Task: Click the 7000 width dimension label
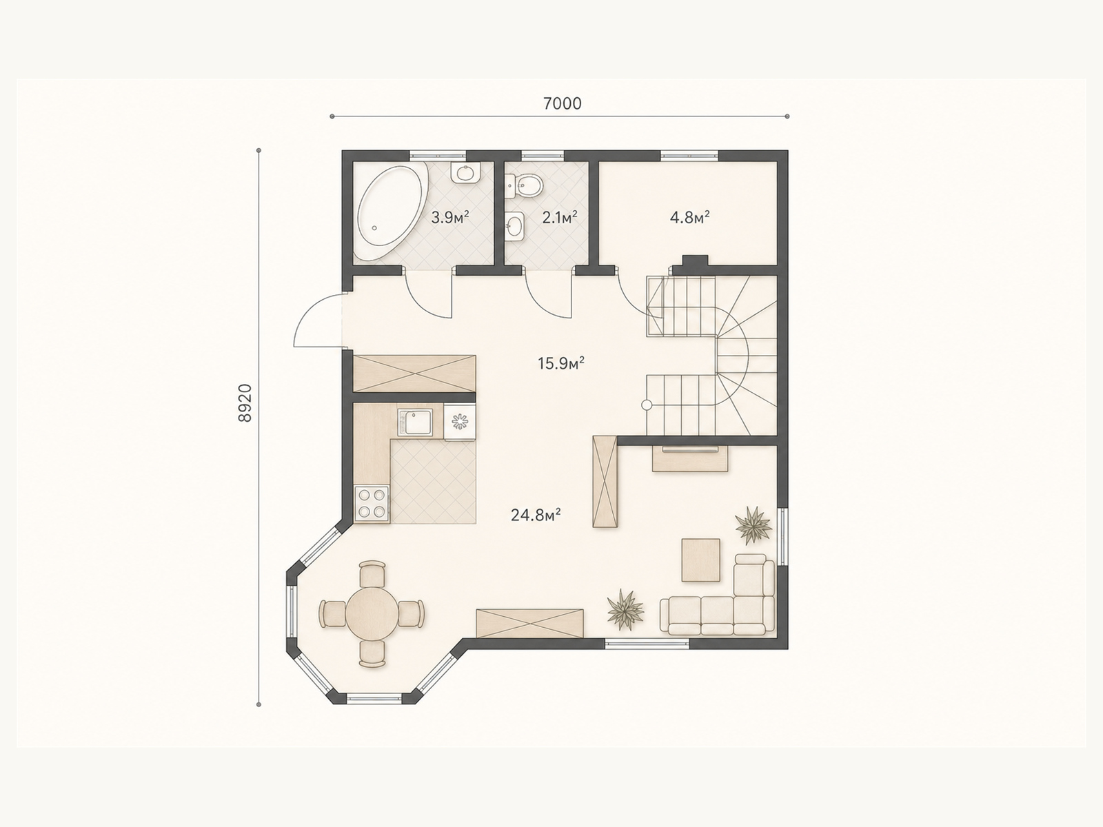[563, 103]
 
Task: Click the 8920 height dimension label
[245, 402]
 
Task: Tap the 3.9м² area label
[449, 217]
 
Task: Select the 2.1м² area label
[559, 217]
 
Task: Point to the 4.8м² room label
[689, 217]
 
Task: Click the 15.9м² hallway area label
[560, 363]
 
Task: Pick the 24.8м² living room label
[536, 515]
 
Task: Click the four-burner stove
[372, 504]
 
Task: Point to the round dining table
[372, 613]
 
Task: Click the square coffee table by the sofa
[700, 560]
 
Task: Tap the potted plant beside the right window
[753, 525]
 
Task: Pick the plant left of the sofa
[625, 610]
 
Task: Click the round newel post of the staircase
[646, 405]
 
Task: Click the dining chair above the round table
[372, 574]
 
